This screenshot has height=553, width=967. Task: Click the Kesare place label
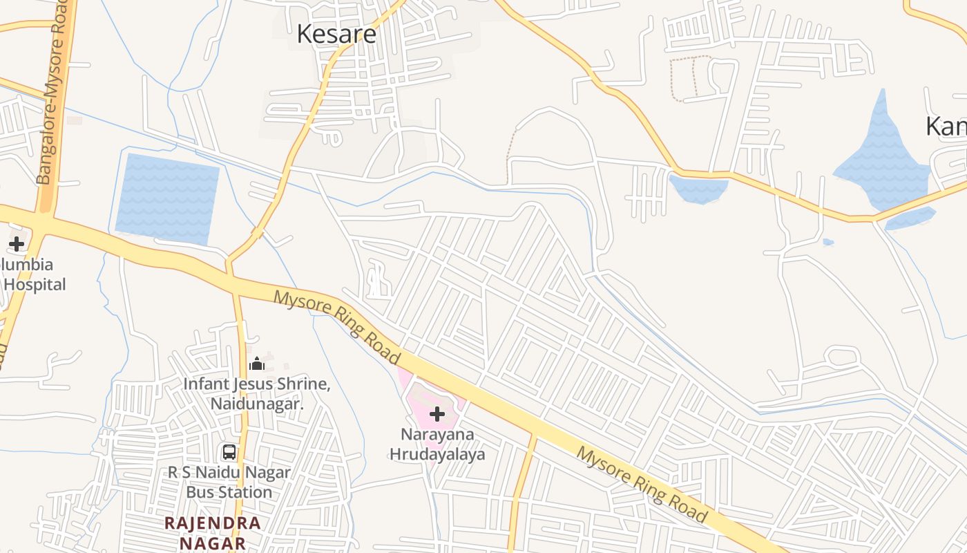pos(336,34)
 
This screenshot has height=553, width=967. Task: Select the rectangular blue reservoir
pos(166,199)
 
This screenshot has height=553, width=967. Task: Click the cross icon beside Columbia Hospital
pos(17,243)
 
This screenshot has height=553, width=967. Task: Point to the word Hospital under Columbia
pos(35,284)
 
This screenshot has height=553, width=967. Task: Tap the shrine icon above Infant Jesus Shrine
pos(257,364)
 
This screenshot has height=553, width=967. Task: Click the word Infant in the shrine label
pos(204,384)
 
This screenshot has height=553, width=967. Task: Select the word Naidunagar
pos(257,404)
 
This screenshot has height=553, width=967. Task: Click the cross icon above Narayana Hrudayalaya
pos(437,414)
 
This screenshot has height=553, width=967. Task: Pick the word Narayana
pos(437,435)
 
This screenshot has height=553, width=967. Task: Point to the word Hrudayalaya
pos(437,454)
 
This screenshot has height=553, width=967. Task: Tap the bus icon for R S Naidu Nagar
pos(229,452)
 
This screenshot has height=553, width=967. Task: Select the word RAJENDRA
pos(213,523)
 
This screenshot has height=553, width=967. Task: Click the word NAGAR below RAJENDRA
pos(213,543)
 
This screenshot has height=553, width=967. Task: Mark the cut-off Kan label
pos(946,126)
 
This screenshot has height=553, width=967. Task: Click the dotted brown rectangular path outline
pos(691,79)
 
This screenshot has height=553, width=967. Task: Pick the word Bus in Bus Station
pos(201,492)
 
